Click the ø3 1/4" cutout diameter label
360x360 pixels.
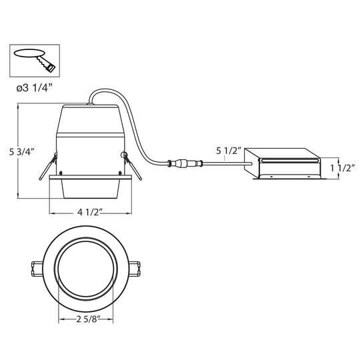[x=35, y=88]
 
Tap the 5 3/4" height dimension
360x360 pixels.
[x=22, y=152]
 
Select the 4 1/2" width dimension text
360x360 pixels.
[x=89, y=212]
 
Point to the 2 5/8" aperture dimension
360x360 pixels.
[x=89, y=319]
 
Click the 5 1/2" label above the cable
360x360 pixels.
[x=229, y=151]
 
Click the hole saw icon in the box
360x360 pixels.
[x=35, y=61]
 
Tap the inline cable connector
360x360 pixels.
[x=185, y=163]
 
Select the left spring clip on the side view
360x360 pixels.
[x=48, y=166]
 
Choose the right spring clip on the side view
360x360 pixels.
[x=132, y=166]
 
